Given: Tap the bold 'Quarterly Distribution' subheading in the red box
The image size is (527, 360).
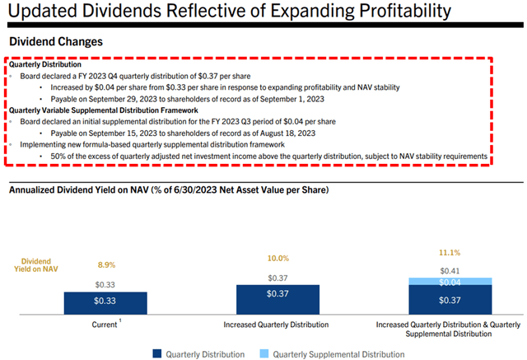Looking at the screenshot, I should (x=46, y=64).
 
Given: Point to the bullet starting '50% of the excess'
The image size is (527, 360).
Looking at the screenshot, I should (x=268, y=156).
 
